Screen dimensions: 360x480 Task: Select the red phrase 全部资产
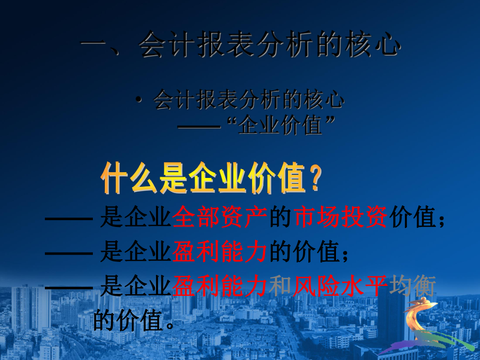pos(220,218)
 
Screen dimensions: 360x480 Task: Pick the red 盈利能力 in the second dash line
pos(220,253)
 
